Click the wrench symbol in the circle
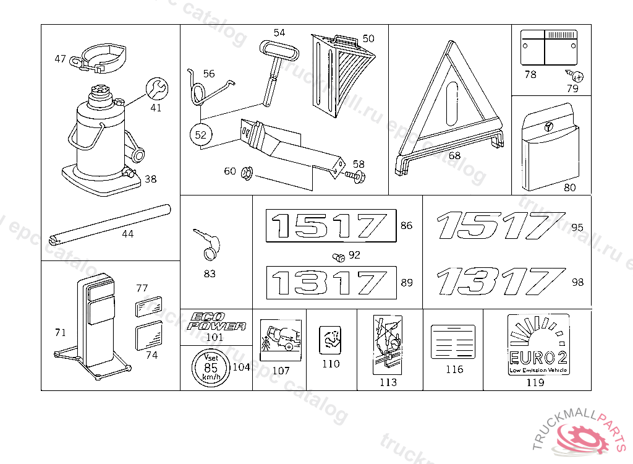[x=156, y=89]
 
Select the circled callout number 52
[x=200, y=135]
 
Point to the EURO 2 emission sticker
[x=538, y=344]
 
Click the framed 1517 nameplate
[x=331, y=225]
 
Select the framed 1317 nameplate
[x=331, y=282]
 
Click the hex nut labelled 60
[x=245, y=171]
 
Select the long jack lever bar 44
[x=112, y=223]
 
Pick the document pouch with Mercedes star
[x=550, y=150]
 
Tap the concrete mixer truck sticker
[x=281, y=337]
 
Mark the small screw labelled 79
[x=577, y=77]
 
